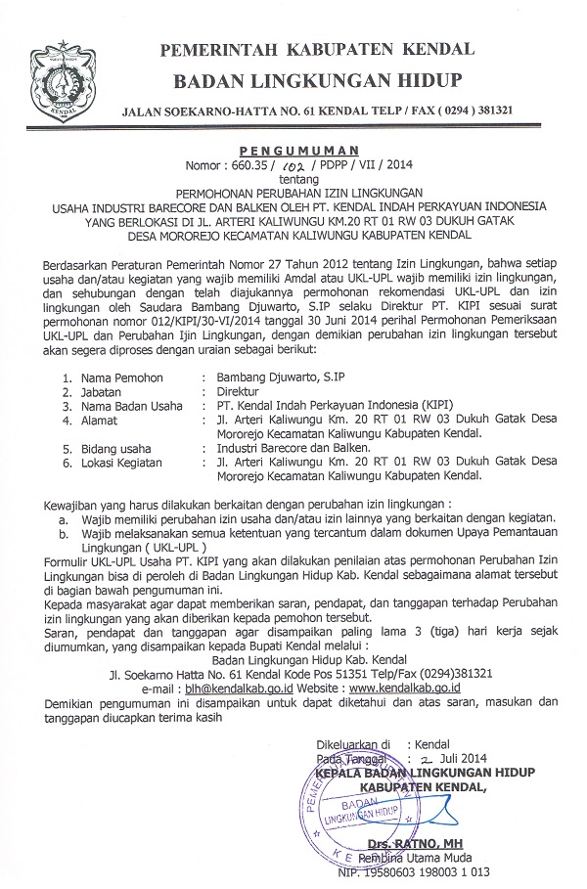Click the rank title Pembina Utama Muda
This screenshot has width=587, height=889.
pos(420,857)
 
